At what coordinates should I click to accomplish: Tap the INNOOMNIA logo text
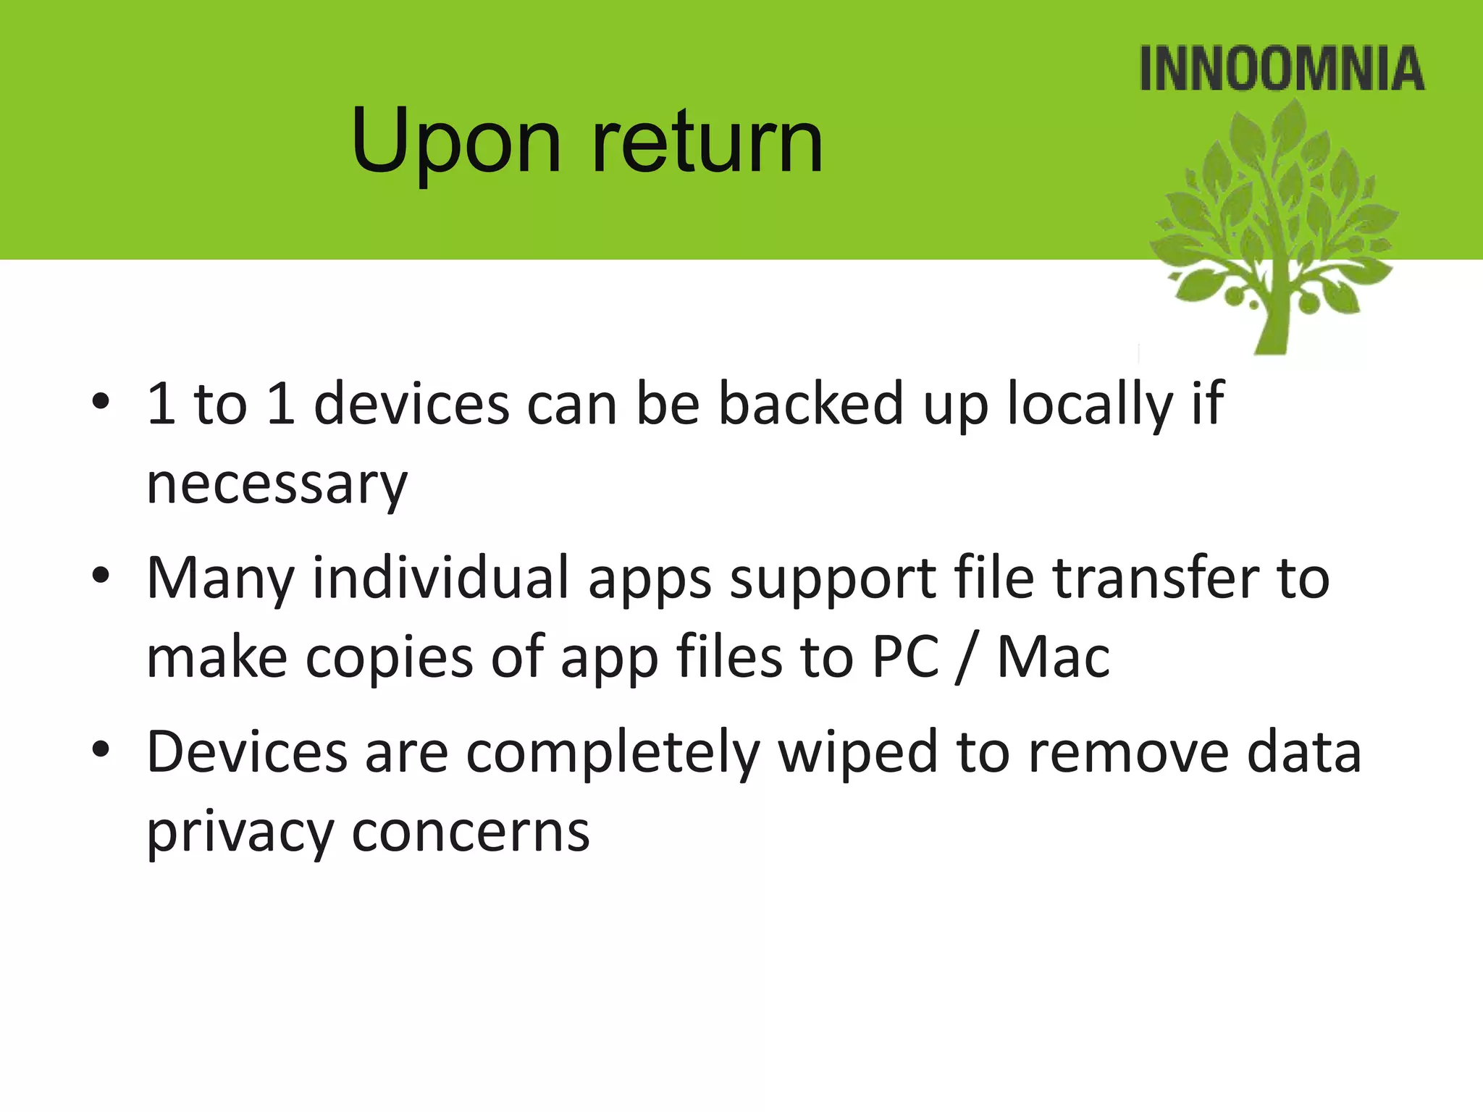1282,69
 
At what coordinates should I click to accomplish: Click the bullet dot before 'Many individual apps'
101,576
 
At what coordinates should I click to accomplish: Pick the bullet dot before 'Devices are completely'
101,750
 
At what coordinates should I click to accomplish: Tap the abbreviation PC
905,657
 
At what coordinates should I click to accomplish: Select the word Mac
1053,657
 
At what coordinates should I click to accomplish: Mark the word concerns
471,833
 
